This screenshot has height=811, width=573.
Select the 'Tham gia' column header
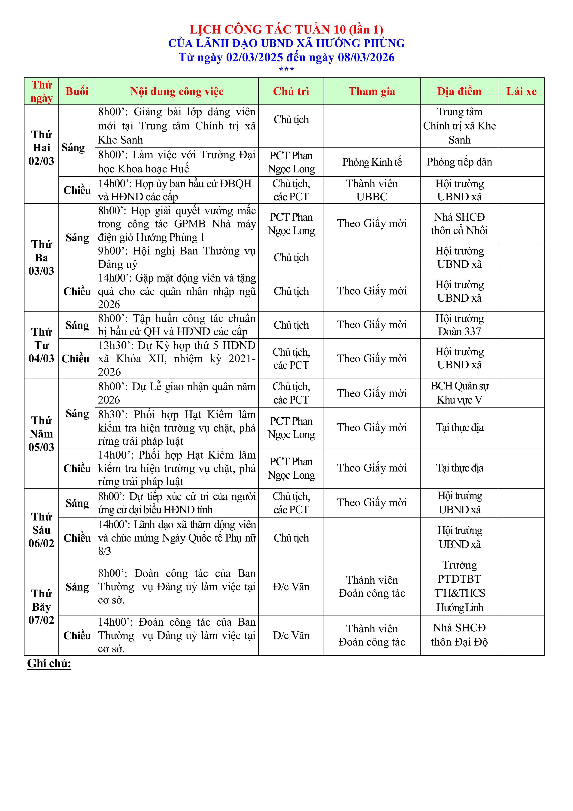372,92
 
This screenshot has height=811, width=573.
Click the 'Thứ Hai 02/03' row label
41,148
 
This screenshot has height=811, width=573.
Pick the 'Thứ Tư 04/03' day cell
41,345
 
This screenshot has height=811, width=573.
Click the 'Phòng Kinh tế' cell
372,162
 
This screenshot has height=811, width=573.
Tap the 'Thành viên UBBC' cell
372,190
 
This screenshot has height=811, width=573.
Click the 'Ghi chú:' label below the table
49,664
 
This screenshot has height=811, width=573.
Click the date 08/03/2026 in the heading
366,57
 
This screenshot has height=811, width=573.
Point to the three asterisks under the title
286,69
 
